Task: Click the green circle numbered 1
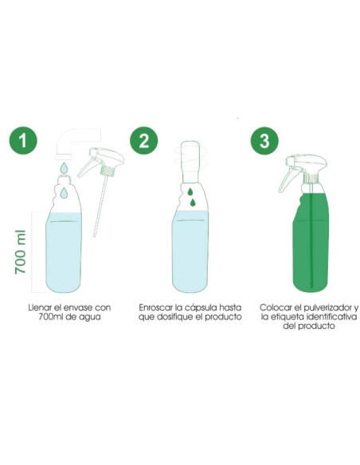(x=23, y=140)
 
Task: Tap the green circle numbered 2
(x=144, y=140)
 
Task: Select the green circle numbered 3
(x=264, y=140)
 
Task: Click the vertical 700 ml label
(x=21, y=252)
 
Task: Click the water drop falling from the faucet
(x=64, y=167)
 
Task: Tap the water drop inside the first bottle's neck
(x=64, y=193)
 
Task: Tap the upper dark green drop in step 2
(x=190, y=192)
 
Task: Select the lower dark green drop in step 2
(x=193, y=202)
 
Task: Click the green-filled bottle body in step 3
(x=311, y=242)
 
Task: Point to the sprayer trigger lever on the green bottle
(x=286, y=180)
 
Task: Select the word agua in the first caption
(x=91, y=318)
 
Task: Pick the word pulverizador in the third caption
(x=326, y=307)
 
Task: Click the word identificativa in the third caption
(x=331, y=317)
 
